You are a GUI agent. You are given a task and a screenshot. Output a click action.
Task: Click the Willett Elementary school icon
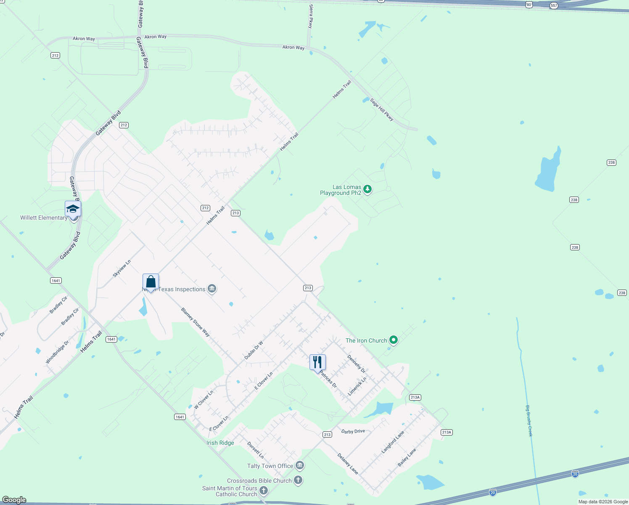[73, 209]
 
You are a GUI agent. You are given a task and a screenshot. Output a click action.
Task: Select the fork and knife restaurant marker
[317, 362]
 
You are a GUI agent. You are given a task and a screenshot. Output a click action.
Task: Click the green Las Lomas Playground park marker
[367, 189]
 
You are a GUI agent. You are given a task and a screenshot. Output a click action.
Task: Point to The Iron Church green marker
[394, 340]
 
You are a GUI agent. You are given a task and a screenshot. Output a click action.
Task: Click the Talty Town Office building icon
[300, 465]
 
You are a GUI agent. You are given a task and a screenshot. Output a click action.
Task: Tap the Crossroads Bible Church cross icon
[298, 480]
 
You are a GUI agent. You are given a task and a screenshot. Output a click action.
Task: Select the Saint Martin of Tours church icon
[264, 490]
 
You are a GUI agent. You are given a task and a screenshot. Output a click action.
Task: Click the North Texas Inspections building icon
[212, 289]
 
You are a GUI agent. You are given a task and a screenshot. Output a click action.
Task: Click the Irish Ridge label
[220, 443]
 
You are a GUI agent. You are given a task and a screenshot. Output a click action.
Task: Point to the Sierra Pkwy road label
[311, 16]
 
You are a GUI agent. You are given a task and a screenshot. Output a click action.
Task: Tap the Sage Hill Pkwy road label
[382, 110]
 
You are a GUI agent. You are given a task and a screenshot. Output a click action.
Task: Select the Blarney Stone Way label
[196, 322]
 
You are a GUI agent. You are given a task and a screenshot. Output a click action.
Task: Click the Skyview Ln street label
[122, 268]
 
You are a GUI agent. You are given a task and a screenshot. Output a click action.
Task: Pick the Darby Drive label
[353, 431]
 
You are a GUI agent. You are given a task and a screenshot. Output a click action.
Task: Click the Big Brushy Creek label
[529, 421]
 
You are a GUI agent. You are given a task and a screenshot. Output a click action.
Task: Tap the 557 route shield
[554, 5]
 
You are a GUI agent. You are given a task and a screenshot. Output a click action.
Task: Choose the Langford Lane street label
[393, 442]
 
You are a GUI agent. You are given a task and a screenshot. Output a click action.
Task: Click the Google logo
[14, 500]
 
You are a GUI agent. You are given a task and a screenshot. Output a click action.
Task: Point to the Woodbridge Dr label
[57, 352]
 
